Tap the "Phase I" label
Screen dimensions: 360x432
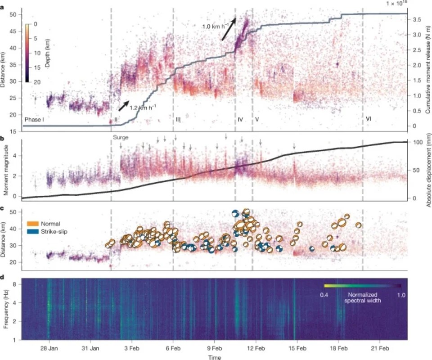[35, 119]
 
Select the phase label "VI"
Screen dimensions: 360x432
[369, 119]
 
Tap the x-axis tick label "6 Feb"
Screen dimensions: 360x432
[173, 348]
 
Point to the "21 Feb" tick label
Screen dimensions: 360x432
[380, 348]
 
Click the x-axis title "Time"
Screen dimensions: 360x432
[214, 357]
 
